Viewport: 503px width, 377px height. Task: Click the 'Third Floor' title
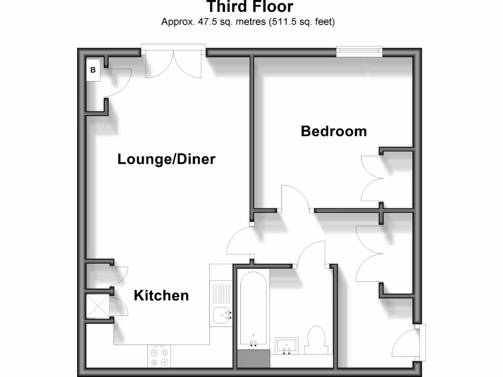tap(250, 7)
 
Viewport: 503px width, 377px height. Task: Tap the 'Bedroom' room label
tap(334, 131)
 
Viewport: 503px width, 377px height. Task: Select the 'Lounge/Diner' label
tap(166, 159)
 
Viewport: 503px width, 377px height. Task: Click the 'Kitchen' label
tap(161, 295)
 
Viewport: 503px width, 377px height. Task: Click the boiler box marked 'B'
tap(93, 70)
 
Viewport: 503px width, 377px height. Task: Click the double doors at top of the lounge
tap(173, 62)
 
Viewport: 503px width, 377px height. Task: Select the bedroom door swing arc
tap(295, 198)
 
